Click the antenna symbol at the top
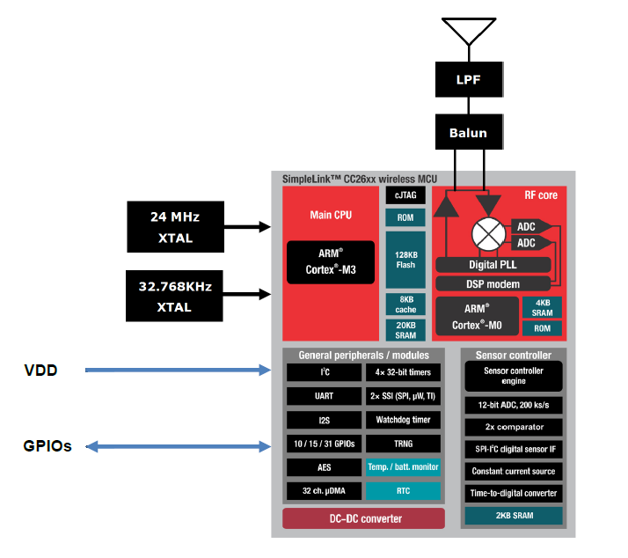470,31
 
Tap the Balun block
469,133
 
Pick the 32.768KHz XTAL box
174,296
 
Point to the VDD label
40,371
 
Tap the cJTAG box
405,196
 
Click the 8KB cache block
405,304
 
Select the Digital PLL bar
493,265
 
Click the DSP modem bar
493,283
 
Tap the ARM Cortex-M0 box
475,317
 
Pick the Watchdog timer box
402,420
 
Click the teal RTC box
402,490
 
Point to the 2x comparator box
515,427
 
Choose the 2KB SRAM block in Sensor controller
515,516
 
